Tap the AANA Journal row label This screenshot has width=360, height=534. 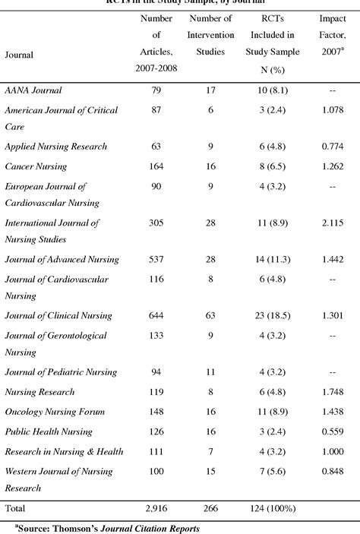[33, 90]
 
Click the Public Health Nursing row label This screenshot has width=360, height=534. [46, 431]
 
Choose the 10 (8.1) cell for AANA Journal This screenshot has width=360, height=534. [268, 90]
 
